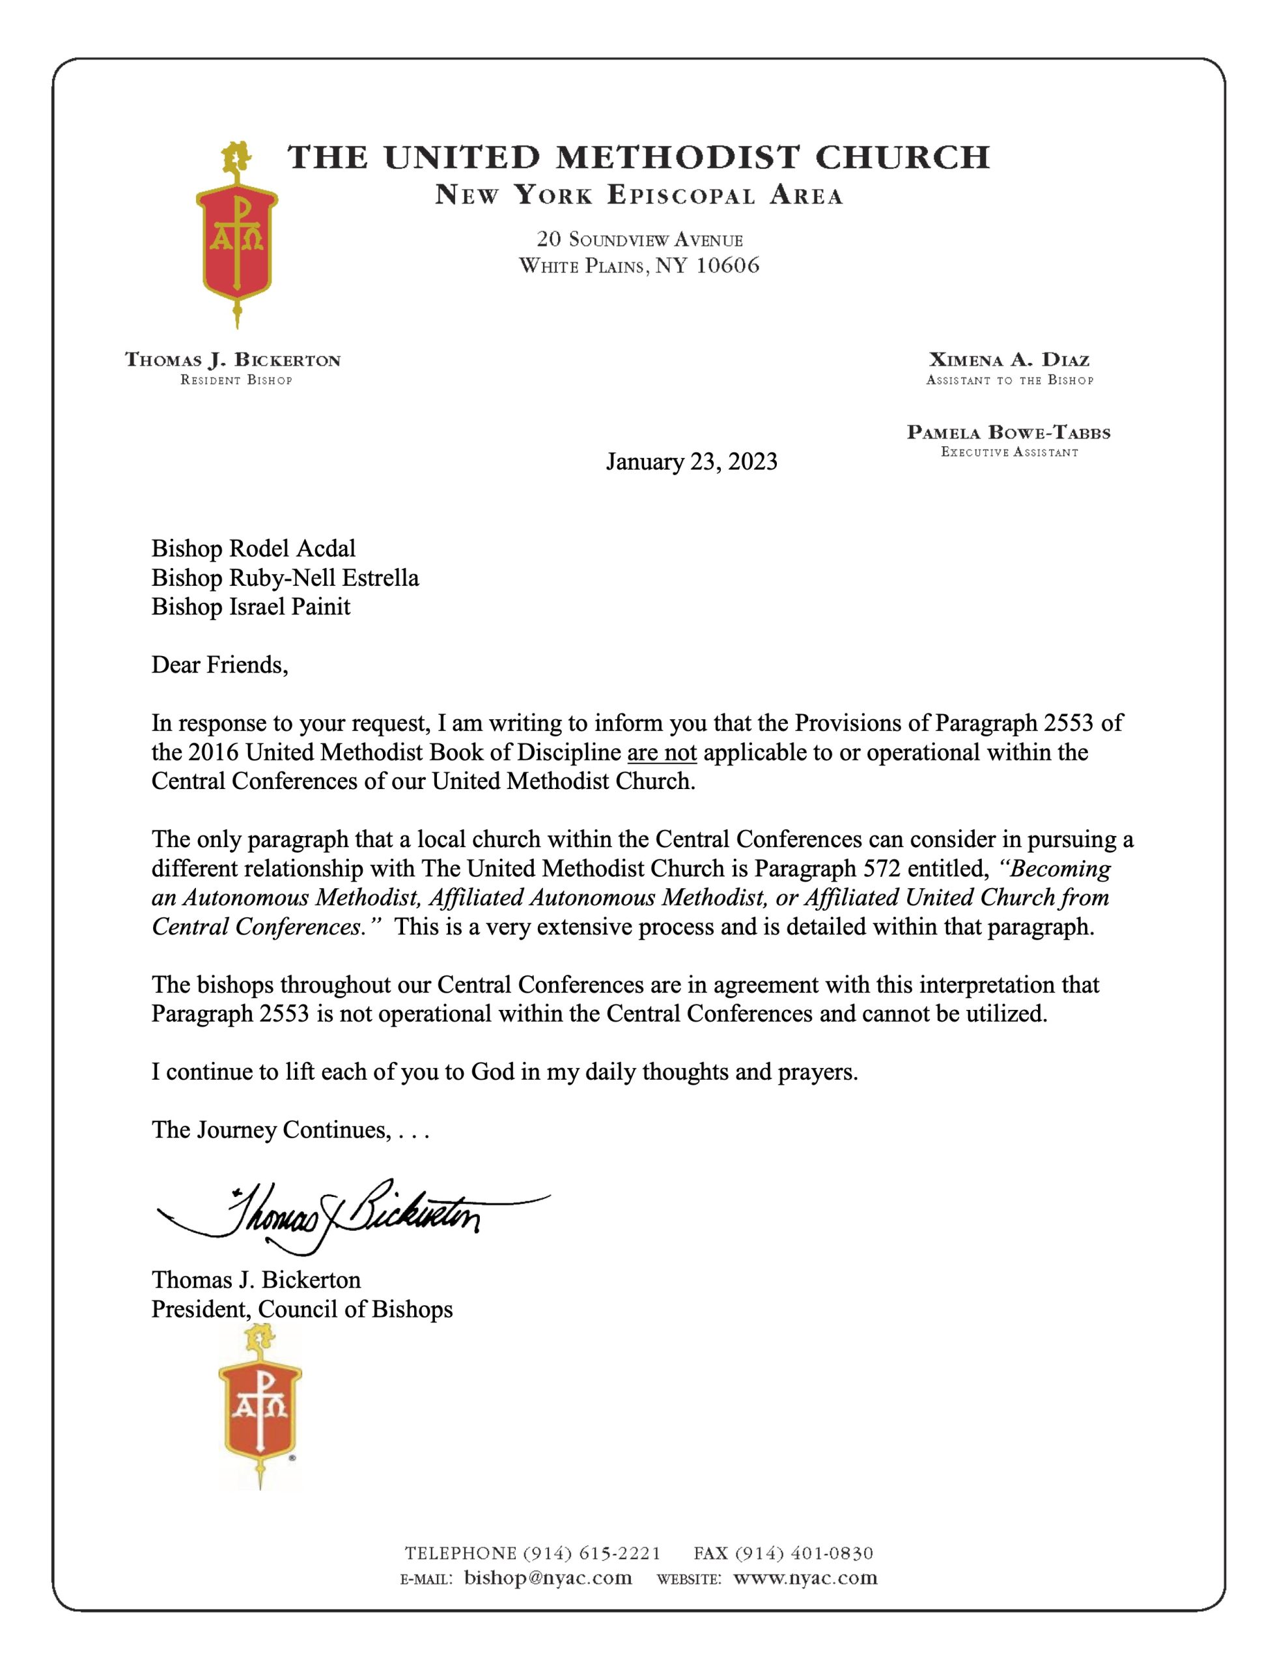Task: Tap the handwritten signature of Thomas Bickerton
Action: (x=344, y=1215)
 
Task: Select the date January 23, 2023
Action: (x=691, y=462)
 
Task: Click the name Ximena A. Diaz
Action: (x=1009, y=360)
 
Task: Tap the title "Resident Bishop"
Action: (x=236, y=381)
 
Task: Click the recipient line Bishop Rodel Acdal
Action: (x=253, y=549)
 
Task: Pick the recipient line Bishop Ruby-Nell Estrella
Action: (x=285, y=577)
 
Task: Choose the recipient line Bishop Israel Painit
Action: (x=251, y=607)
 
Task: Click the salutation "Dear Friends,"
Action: (x=220, y=665)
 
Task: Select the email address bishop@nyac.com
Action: (x=548, y=1577)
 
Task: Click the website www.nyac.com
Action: (x=805, y=1577)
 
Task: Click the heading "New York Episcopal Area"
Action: (x=639, y=195)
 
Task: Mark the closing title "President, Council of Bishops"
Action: (x=301, y=1309)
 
